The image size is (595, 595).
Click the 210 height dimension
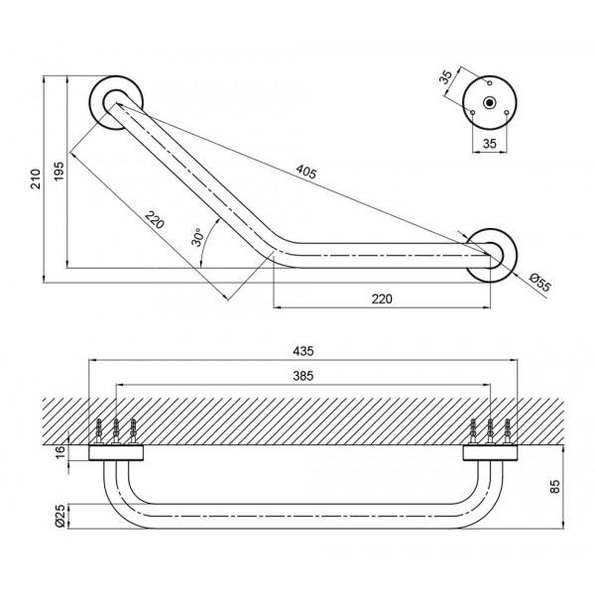coord(37,178)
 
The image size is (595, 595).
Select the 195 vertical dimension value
coord(59,171)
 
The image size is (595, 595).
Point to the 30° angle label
coord(197,237)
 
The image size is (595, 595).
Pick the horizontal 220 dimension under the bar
coord(382,297)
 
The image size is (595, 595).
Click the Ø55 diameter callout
coord(537,281)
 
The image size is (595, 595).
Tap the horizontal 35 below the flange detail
coord(490,143)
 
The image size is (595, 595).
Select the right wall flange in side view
coord(491,454)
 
